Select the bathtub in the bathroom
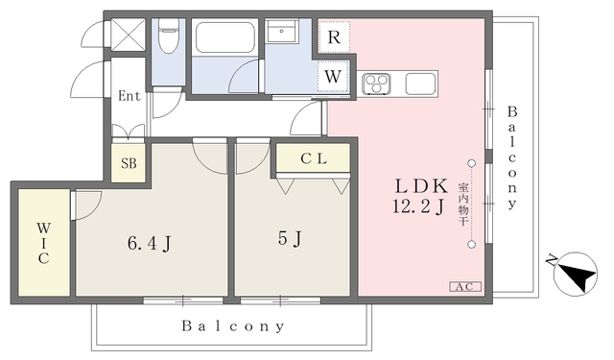pyautogui.click(x=224, y=37)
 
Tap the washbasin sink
pyautogui.click(x=281, y=31)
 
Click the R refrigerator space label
pyautogui.click(x=334, y=37)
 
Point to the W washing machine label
pyautogui.click(x=333, y=77)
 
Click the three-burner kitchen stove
pyautogui.click(x=376, y=84)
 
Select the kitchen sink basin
pyautogui.click(x=420, y=84)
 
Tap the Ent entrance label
pyautogui.click(x=129, y=96)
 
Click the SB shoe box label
pyautogui.click(x=129, y=163)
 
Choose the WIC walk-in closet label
pyautogui.click(x=43, y=243)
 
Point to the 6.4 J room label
pyautogui.click(x=150, y=243)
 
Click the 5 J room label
pyautogui.click(x=290, y=238)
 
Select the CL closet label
pyautogui.click(x=314, y=158)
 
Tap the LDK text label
pyautogui.click(x=421, y=186)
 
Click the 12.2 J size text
pyautogui.click(x=418, y=206)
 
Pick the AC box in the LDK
pyautogui.click(x=464, y=287)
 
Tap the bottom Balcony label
pyautogui.click(x=232, y=326)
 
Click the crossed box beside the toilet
pyautogui.click(x=129, y=35)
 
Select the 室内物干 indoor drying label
pyautogui.click(x=463, y=204)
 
